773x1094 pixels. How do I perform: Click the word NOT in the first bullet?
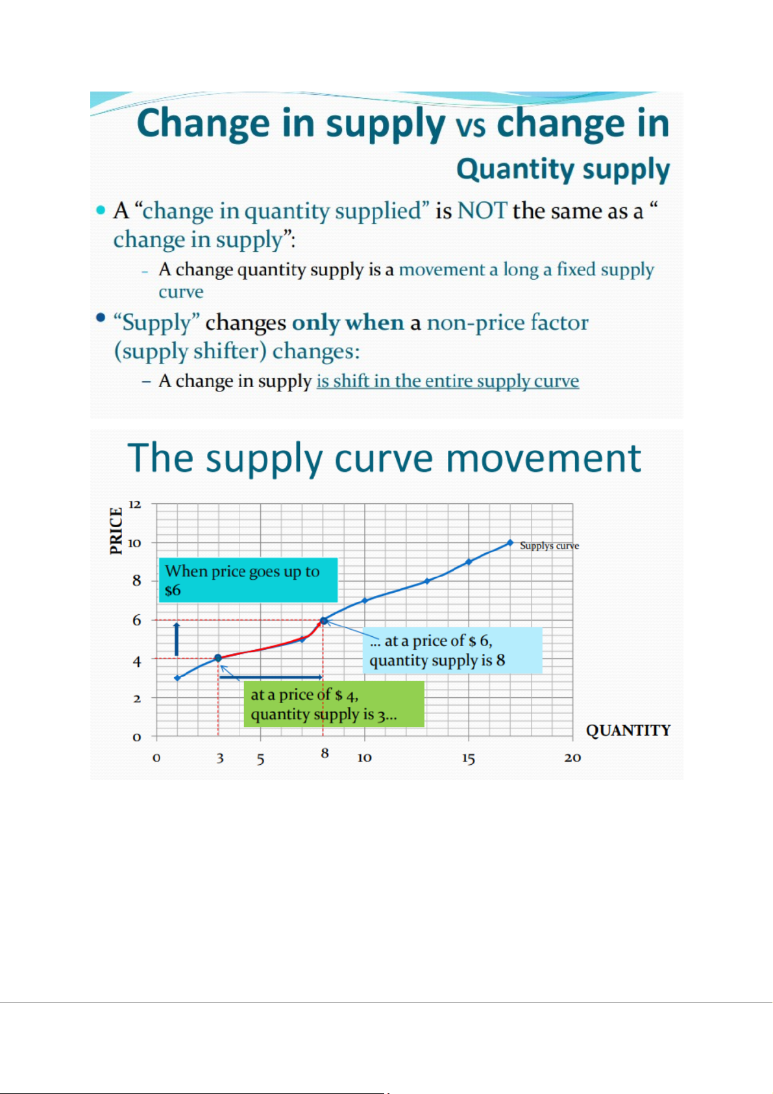482,211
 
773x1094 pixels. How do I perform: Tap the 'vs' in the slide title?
471,126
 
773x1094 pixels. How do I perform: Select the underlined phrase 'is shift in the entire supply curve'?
448,380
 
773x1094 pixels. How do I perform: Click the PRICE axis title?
116,530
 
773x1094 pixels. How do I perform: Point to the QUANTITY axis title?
628,730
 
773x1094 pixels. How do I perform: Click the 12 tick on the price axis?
134,504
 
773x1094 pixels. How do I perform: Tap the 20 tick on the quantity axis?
572,758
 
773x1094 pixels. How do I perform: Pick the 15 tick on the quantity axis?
469,758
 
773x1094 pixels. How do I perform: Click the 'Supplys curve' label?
549,545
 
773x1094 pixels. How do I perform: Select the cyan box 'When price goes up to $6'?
248,580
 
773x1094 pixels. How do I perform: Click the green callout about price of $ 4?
334,704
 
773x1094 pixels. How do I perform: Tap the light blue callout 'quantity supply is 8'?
452,651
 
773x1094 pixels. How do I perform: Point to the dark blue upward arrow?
177,639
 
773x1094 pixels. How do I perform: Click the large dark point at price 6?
323,621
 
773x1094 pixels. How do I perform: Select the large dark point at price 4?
218,658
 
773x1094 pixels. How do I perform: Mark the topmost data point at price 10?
509,543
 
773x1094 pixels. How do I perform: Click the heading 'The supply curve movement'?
384,458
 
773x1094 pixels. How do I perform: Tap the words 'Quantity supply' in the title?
563,169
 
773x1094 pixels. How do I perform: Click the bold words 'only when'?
348,323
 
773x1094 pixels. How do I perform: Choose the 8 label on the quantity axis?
325,754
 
